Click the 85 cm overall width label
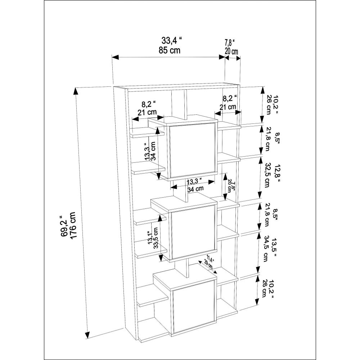pos(170,50)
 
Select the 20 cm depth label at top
pos(231,51)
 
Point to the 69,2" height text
pos(64,226)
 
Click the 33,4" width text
pos(171,41)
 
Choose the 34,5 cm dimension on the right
pos(266,249)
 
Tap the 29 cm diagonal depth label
pos(208,265)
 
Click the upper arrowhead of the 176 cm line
pos(75,91)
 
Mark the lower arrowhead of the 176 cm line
pos(87,335)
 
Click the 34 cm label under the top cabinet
pos(195,189)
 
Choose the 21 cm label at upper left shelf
pos(147,112)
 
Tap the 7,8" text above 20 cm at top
pos(230,43)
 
